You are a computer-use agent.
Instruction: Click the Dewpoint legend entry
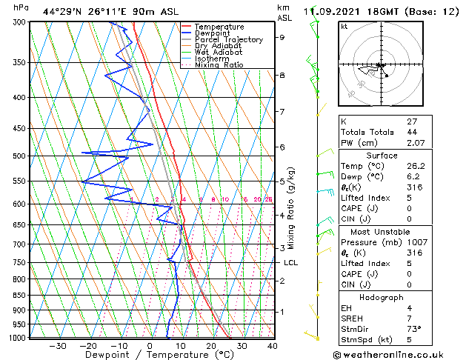pos(218,33)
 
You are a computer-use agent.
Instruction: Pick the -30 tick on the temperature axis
pos(58,346)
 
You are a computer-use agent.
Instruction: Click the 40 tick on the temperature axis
pos(273,346)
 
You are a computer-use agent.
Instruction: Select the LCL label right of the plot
pos(291,263)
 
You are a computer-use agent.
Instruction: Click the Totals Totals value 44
pos(411,132)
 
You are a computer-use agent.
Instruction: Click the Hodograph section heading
pos(382,297)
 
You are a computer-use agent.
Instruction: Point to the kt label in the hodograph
pos(344,27)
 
